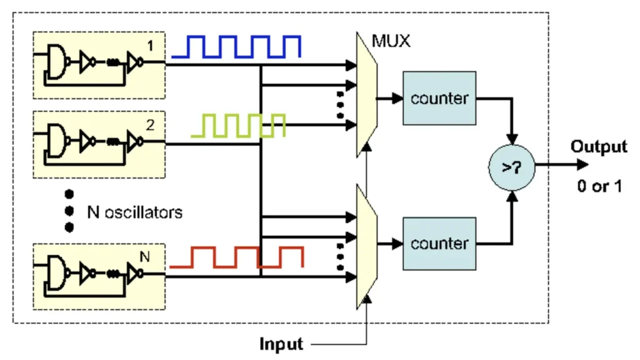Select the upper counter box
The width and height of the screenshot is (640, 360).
pyautogui.click(x=439, y=98)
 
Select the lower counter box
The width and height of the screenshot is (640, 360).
pyautogui.click(x=439, y=242)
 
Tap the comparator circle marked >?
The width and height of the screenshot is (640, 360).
pyautogui.click(x=512, y=167)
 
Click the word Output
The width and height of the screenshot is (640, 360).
pyautogui.click(x=598, y=147)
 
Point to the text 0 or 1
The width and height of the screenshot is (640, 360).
pyautogui.click(x=599, y=187)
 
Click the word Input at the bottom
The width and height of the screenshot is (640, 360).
pyautogui.click(x=282, y=344)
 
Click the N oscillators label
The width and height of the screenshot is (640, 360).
pyautogui.click(x=134, y=212)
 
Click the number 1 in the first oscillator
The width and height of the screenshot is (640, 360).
pyautogui.click(x=149, y=46)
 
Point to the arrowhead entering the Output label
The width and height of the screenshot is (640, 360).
pyautogui.click(x=582, y=165)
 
